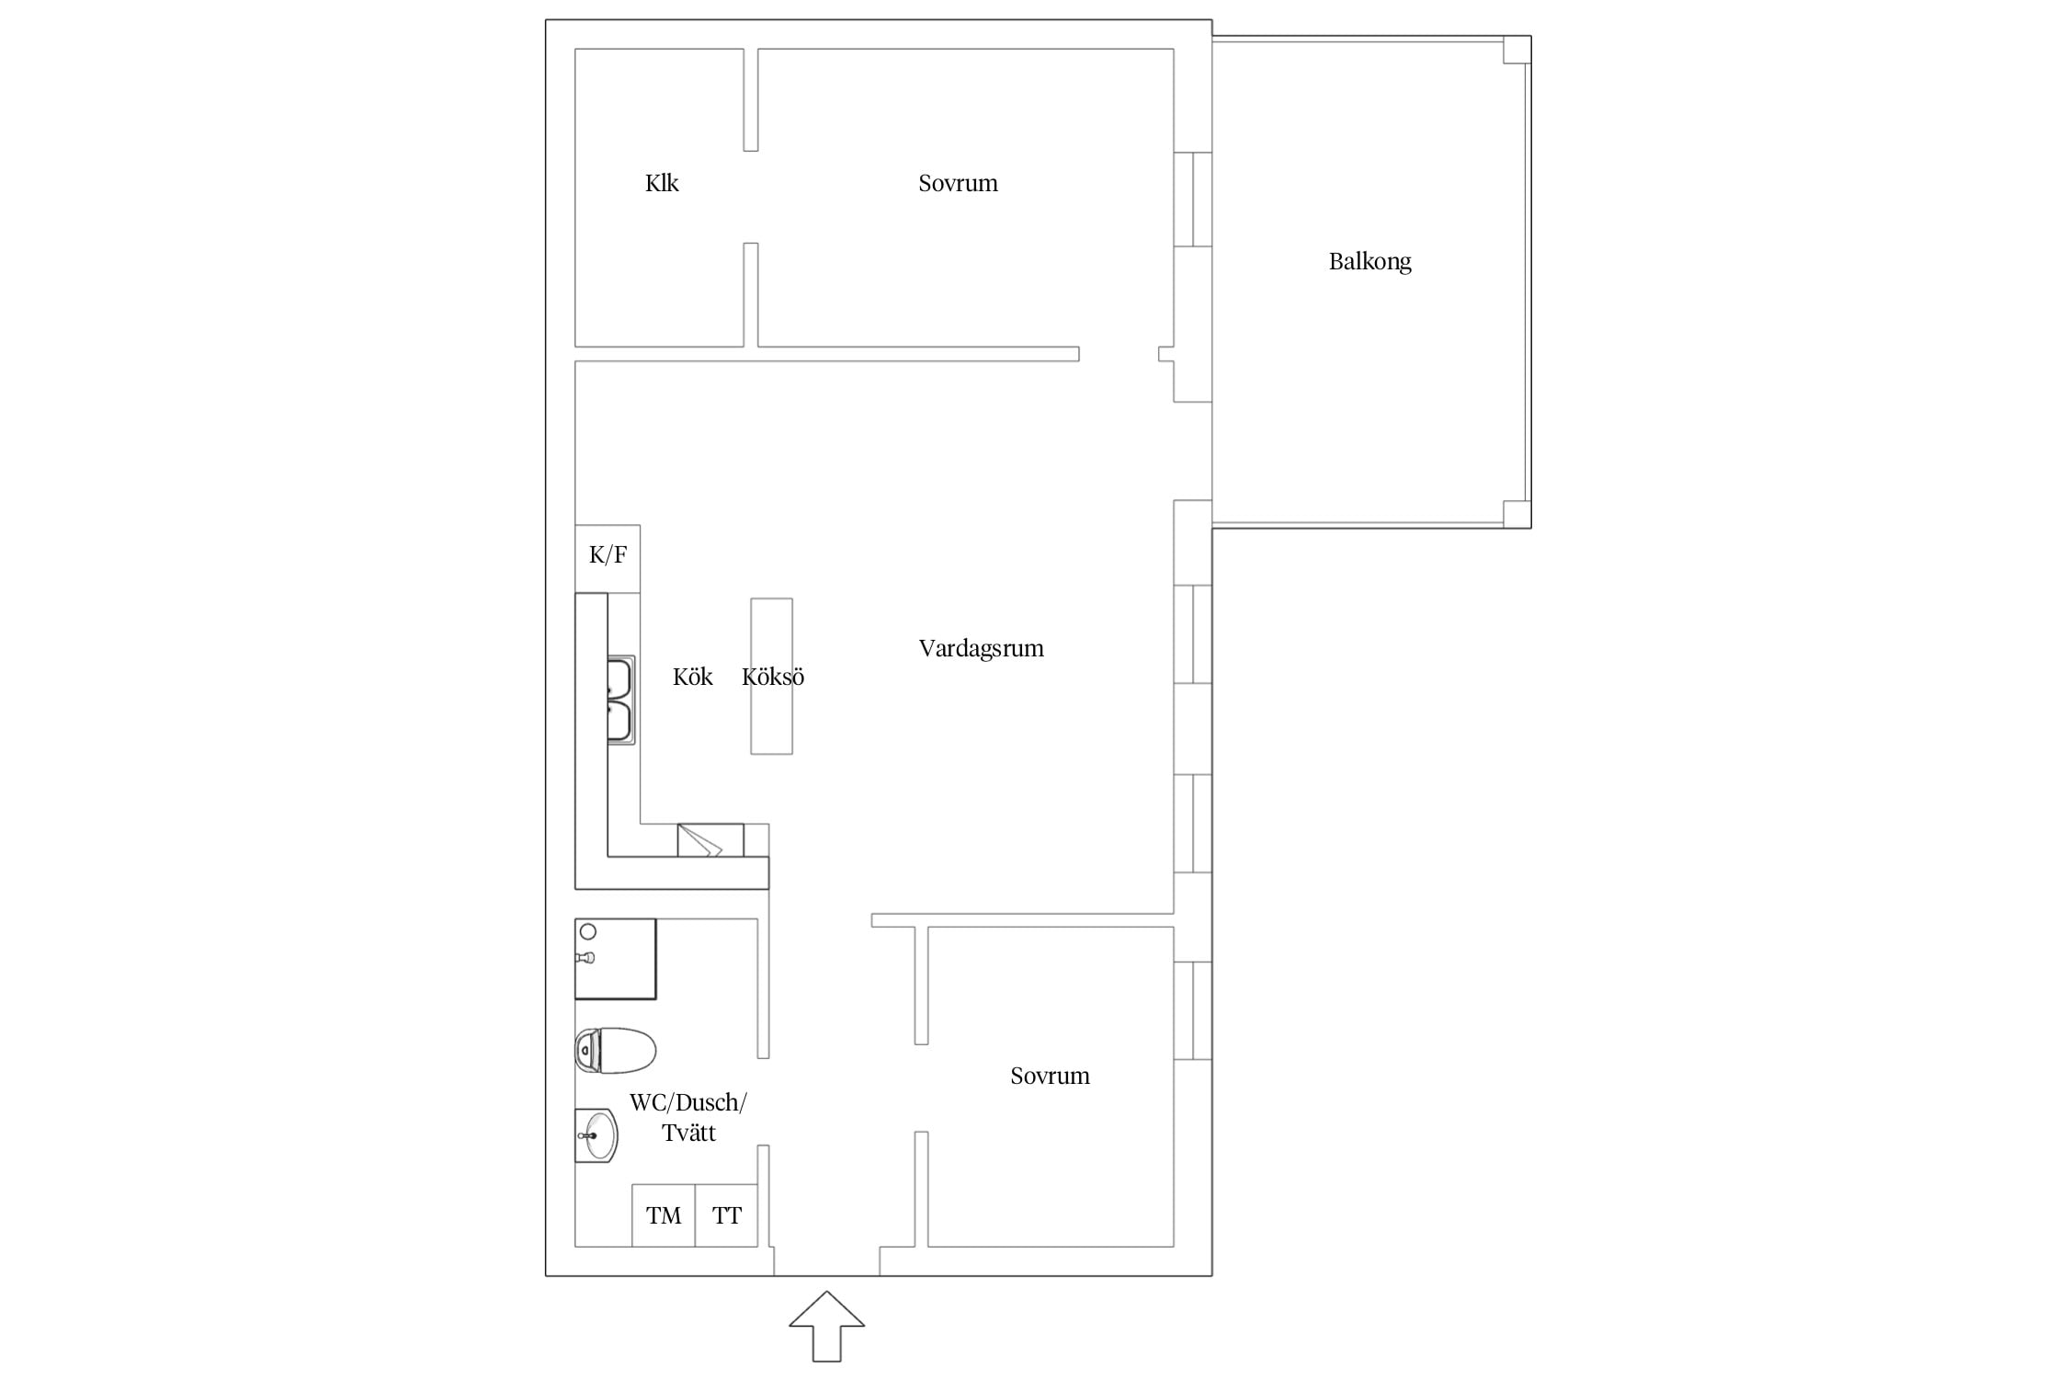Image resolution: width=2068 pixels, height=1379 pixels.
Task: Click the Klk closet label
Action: click(x=662, y=183)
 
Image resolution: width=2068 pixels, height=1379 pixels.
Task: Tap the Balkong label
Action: click(x=1369, y=262)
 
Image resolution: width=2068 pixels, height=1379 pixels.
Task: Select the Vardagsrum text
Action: click(x=981, y=648)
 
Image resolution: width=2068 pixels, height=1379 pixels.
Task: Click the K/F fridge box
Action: click(x=608, y=559)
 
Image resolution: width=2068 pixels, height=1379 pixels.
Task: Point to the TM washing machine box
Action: click(x=664, y=1215)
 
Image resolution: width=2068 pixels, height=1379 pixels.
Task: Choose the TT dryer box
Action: click(x=726, y=1215)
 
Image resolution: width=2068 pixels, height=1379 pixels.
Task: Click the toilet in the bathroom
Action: click(x=615, y=1051)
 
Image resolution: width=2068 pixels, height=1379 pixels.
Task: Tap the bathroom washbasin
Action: click(x=597, y=1135)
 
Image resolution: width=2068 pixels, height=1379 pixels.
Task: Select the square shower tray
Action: click(x=616, y=959)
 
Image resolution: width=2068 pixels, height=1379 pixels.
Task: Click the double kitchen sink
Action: click(x=620, y=700)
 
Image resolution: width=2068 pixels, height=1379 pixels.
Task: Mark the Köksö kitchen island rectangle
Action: click(x=771, y=677)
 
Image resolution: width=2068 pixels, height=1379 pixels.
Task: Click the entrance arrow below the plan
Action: click(x=827, y=1326)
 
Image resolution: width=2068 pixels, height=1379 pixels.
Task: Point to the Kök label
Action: click(x=693, y=678)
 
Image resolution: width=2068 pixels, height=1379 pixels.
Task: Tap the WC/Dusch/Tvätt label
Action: click(x=688, y=1117)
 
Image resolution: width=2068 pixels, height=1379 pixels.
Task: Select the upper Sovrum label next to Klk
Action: click(x=958, y=183)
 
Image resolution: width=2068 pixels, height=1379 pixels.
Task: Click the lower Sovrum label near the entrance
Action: click(x=1050, y=1076)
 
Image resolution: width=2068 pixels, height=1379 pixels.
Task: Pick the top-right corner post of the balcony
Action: click(x=1517, y=50)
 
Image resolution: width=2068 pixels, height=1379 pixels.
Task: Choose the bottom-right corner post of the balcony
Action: click(x=1517, y=515)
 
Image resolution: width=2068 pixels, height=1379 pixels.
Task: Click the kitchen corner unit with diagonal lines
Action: click(x=710, y=840)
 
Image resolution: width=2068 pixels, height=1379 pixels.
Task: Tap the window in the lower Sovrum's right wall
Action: click(x=1193, y=1010)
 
